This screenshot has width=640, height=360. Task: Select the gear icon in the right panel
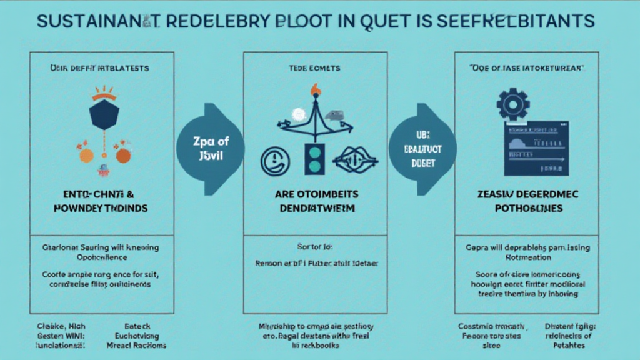pos(513,102)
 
